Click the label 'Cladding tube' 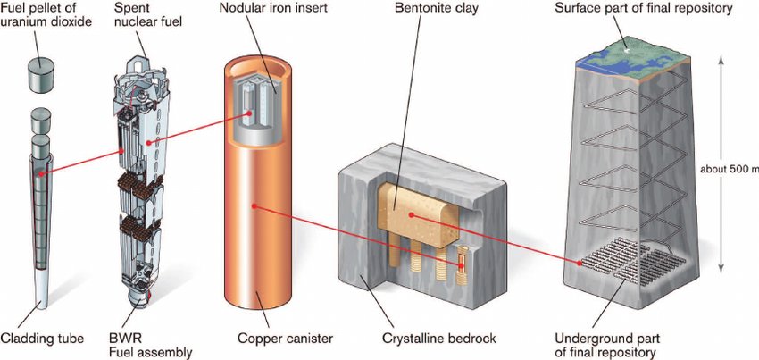click(x=43, y=339)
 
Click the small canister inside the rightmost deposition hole click(x=462, y=264)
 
